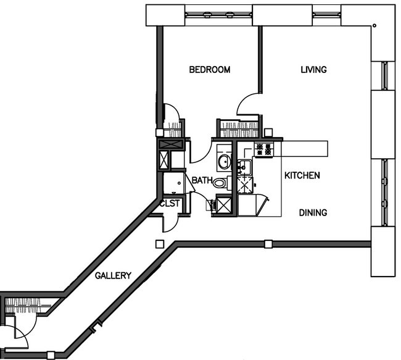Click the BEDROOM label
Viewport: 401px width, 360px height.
pos(209,70)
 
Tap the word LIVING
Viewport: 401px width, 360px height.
pos(313,70)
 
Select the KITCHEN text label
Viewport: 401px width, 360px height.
pos(302,175)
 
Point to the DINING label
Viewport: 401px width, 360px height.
pos(313,212)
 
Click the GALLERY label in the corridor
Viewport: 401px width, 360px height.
pos(112,275)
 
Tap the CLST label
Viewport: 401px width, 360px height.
pos(170,203)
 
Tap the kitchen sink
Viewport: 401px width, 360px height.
pos(245,165)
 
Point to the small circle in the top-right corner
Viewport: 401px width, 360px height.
pos(374,26)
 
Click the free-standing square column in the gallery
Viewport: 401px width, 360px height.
pos(159,243)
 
